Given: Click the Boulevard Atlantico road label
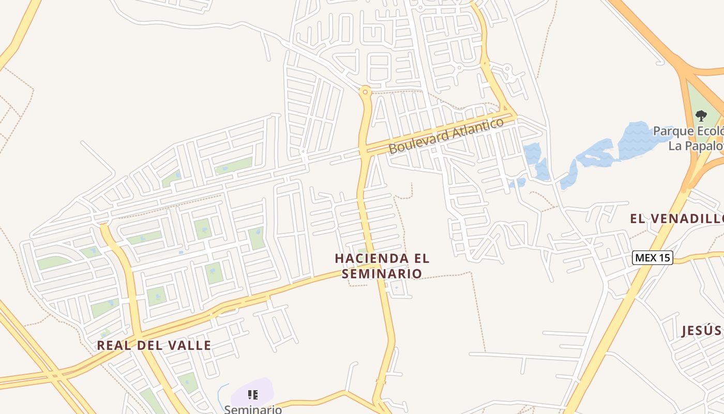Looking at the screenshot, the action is click(x=446, y=136).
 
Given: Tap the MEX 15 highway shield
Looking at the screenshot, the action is click(x=652, y=257).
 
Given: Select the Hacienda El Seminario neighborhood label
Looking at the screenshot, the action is click(x=382, y=265).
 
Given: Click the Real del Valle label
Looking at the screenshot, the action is click(x=154, y=345).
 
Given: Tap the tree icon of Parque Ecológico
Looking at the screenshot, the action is click(x=701, y=115).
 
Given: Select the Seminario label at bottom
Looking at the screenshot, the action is click(x=253, y=409).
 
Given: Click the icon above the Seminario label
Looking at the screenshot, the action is click(x=253, y=395).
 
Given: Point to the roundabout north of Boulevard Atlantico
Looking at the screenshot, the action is click(x=366, y=92).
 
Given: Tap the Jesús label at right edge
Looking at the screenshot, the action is click(x=701, y=330).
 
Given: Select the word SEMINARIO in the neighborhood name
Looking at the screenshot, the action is click(x=382, y=273).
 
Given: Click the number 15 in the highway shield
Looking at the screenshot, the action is click(x=663, y=257).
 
